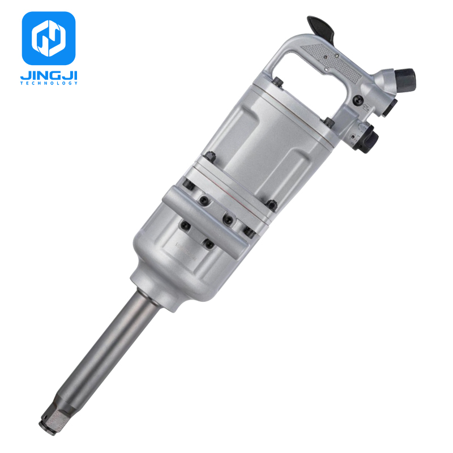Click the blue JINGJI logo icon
[x=49, y=37]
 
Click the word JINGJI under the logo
[x=49, y=75]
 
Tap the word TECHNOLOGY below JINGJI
[x=49, y=83]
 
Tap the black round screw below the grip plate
[x=341, y=100]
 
